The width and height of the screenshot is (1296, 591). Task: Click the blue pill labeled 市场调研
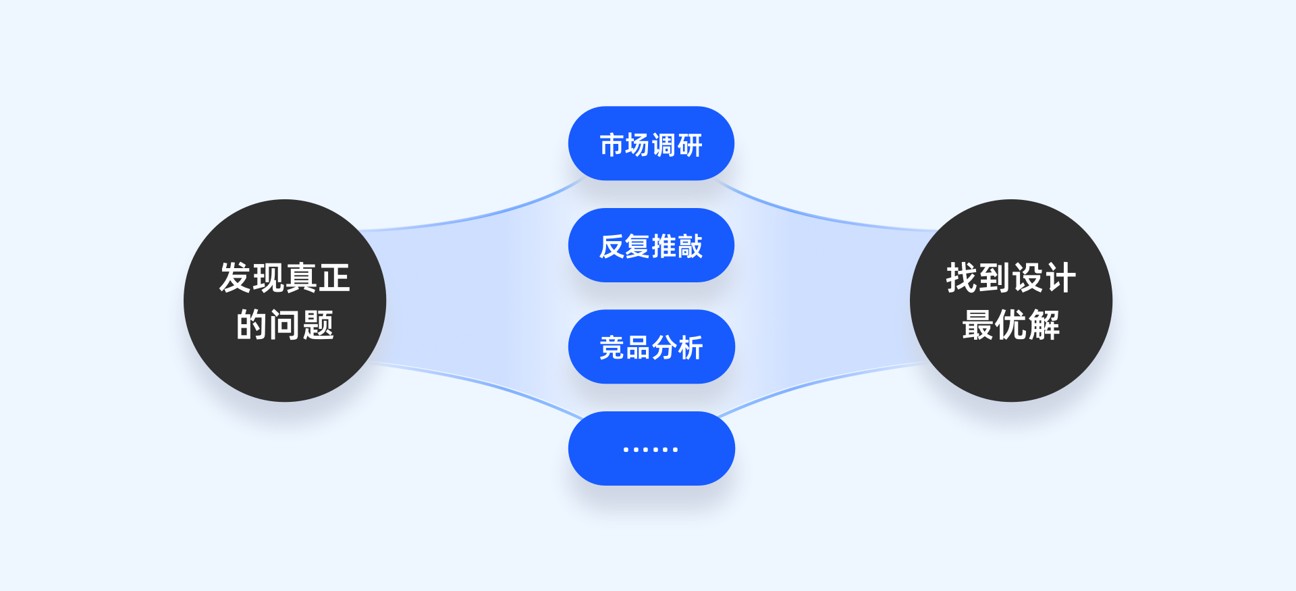click(x=651, y=143)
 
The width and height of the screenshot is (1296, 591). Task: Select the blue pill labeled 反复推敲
click(x=651, y=245)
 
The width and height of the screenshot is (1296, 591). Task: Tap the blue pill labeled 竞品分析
click(x=651, y=346)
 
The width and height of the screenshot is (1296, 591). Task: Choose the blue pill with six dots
click(x=651, y=448)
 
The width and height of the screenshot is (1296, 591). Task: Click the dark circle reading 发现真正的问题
click(x=285, y=301)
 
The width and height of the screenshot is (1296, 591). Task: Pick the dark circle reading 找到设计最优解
click(x=1010, y=301)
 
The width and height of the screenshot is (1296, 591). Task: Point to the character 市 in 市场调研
click(x=612, y=145)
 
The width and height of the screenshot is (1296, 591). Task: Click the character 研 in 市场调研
click(x=690, y=145)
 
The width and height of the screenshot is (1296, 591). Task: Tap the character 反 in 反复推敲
click(x=612, y=247)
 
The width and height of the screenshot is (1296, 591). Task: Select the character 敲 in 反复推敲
click(x=690, y=247)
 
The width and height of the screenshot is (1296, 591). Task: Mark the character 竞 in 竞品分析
click(x=612, y=348)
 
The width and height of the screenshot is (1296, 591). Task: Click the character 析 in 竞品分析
click(x=690, y=348)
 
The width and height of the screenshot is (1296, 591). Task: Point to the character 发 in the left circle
click(x=235, y=278)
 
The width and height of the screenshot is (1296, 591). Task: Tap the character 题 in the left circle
click(x=318, y=325)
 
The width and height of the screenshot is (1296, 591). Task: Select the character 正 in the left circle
click(x=334, y=278)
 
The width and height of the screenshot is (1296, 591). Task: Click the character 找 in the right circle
click(x=962, y=278)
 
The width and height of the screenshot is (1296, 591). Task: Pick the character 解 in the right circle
click(x=1044, y=325)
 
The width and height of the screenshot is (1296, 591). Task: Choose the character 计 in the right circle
click(x=1060, y=278)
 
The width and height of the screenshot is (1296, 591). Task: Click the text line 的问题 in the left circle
click(x=285, y=325)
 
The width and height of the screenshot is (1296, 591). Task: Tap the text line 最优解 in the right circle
click(x=1010, y=325)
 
